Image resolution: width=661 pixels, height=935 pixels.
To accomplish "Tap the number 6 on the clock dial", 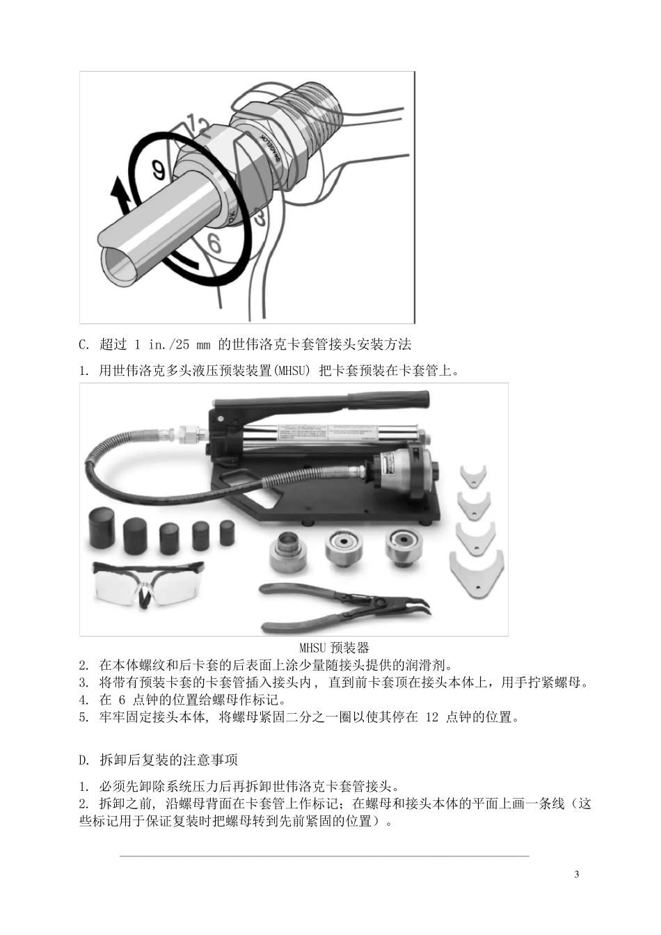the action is (x=214, y=243).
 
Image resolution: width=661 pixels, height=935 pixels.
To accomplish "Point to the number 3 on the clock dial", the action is (x=260, y=218).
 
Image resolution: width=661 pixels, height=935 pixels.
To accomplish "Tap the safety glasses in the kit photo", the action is (x=148, y=584).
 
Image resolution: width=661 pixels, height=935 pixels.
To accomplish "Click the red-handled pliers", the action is (x=344, y=607).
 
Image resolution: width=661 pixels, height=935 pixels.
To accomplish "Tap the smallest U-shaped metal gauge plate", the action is (x=474, y=477).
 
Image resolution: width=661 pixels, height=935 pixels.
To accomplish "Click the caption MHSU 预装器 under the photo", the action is (x=334, y=648).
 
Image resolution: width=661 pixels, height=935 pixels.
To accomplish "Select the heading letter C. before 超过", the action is (x=84, y=345).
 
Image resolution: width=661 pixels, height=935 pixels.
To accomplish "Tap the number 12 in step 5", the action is (x=432, y=717).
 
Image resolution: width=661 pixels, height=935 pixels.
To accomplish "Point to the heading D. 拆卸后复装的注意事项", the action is (x=158, y=760).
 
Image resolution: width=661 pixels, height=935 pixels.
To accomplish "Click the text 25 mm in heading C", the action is (x=193, y=345).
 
